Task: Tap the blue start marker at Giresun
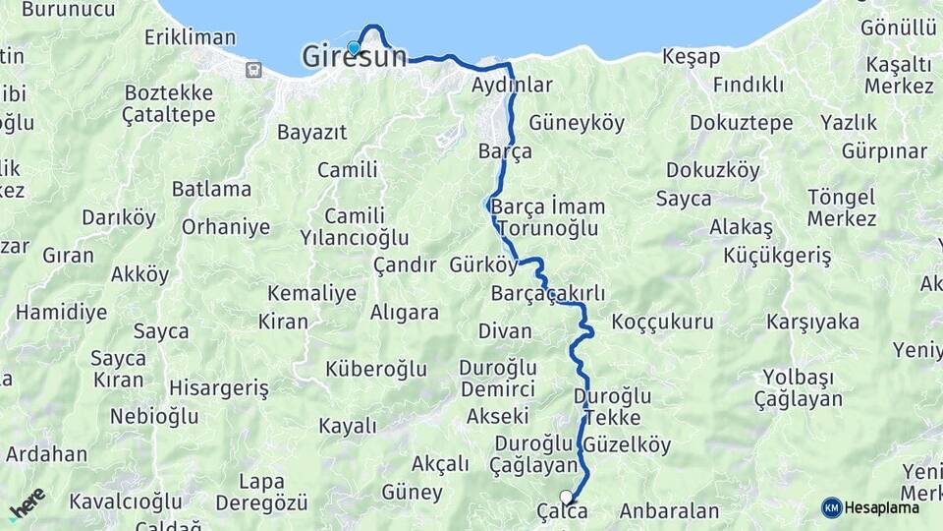[x=354, y=47]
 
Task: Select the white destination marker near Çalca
[x=566, y=497]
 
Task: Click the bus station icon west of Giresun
[x=254, y=69]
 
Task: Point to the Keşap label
[x=691, y=57]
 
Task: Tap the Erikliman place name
[x=190, y=37]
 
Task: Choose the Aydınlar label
[x=512, y=86]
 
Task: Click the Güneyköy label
[x=577, y=123]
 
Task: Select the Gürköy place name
[x=482, y=265]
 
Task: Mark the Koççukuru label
[x=661, y=322]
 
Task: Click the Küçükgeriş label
[x=777, y=257]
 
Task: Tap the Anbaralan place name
[x=669, y=511]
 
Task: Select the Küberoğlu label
[x=376, y=369]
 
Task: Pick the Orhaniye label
[x=226, y=227]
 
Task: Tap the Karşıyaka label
[x=812, y=322]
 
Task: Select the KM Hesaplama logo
[x=870, y=507]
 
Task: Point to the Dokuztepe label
[x=741, y=123]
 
